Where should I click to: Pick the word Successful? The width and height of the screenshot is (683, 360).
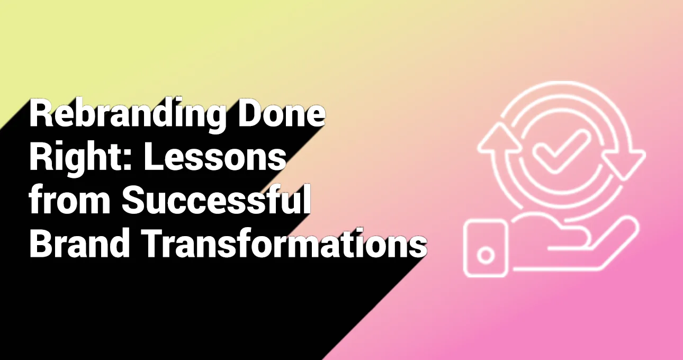[216, 200]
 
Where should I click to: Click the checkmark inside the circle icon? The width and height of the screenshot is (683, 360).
[560, 151]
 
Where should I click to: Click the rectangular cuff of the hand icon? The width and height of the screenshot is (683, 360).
[486, 248]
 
